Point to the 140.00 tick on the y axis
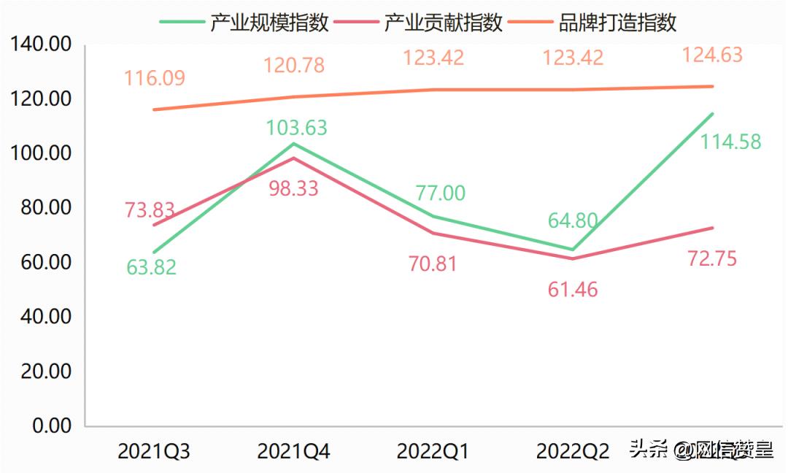(42, 45)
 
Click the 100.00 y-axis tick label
(42, 154)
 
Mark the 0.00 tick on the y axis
(52, 426)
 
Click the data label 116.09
(154, 78)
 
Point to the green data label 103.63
(296, 128)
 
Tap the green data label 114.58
(730, 142)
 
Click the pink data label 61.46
(573, 290)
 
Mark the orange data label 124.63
(711, 55)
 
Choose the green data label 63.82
(151, 267)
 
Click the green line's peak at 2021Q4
(293, 143)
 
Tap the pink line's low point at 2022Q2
(573, 258)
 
